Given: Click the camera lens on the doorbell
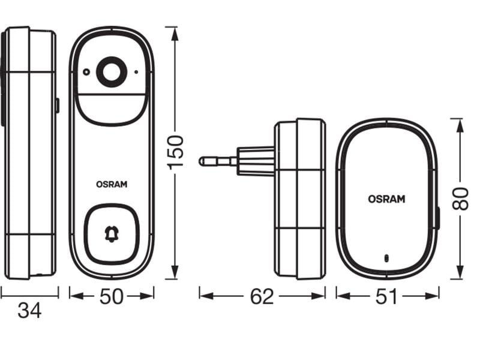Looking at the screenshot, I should tap(111, 73).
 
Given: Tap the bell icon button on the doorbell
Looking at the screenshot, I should tap(111, 234).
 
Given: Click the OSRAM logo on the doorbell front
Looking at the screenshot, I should tap(112, 185).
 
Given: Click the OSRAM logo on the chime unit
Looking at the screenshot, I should tap(386, 199).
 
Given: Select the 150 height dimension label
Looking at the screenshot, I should tap(176, 152).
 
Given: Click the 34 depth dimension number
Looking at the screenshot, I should tap(29, 311).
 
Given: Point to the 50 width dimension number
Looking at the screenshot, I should tap(112, 295).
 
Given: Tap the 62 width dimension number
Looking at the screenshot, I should tap(262, 296).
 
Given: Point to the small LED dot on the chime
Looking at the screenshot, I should tap(386, 260).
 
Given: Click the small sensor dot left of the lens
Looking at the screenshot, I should tap(87, 73).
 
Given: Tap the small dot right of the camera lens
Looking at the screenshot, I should tap(136, 73).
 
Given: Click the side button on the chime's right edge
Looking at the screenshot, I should tap(437, 217).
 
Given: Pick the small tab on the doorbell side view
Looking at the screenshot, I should tap(57, 106).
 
